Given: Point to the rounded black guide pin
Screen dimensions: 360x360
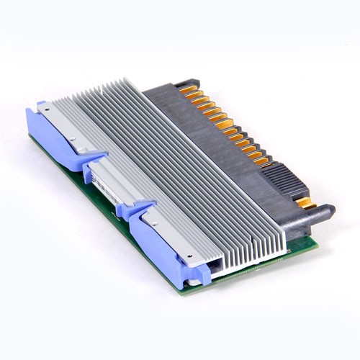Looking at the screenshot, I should point(327,212).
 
